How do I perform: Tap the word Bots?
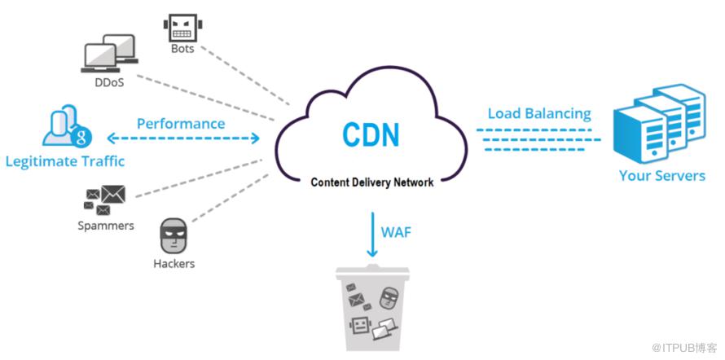182,49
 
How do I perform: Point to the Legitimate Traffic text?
64,161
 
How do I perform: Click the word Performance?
181,124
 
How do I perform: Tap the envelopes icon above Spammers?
106,198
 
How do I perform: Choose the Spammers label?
107,224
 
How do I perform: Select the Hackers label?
174,263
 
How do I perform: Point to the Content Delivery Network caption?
372,182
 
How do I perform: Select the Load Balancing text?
539,113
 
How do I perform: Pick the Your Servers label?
661,175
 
